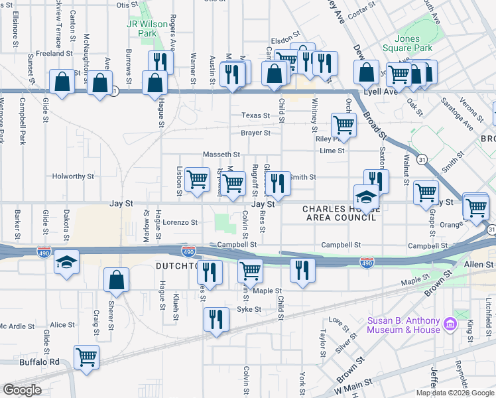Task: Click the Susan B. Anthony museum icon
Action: [450, 324]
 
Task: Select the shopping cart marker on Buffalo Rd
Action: [86, 357]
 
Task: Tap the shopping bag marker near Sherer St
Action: [116, 281]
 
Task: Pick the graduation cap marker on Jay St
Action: [366, 198]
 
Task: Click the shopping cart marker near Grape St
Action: [426, 192]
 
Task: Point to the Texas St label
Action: [255, 115]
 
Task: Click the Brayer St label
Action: [255, 133]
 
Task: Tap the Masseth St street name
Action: [221, 155]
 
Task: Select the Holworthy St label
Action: [74, 177]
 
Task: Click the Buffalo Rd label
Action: [39, 362]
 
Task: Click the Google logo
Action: [22, 390]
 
